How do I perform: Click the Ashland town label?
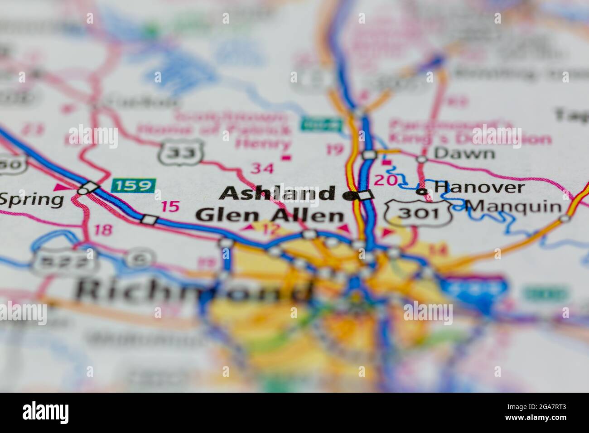tap(277, 193)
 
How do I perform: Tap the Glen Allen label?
tap(270, 216)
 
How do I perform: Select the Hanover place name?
tap(479, 187)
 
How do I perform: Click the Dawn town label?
tap(464, 153)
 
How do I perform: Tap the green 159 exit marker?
tap(133, 185)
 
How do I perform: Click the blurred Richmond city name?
tap(193, 290)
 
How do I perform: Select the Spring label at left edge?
tap(32, 199)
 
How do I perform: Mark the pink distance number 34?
tap(263, 168)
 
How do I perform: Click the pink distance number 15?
tap(170, 207)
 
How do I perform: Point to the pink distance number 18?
tap(103, 230)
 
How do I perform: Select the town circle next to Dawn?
tap(422, 159)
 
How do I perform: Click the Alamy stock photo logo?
tap(46, 413)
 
